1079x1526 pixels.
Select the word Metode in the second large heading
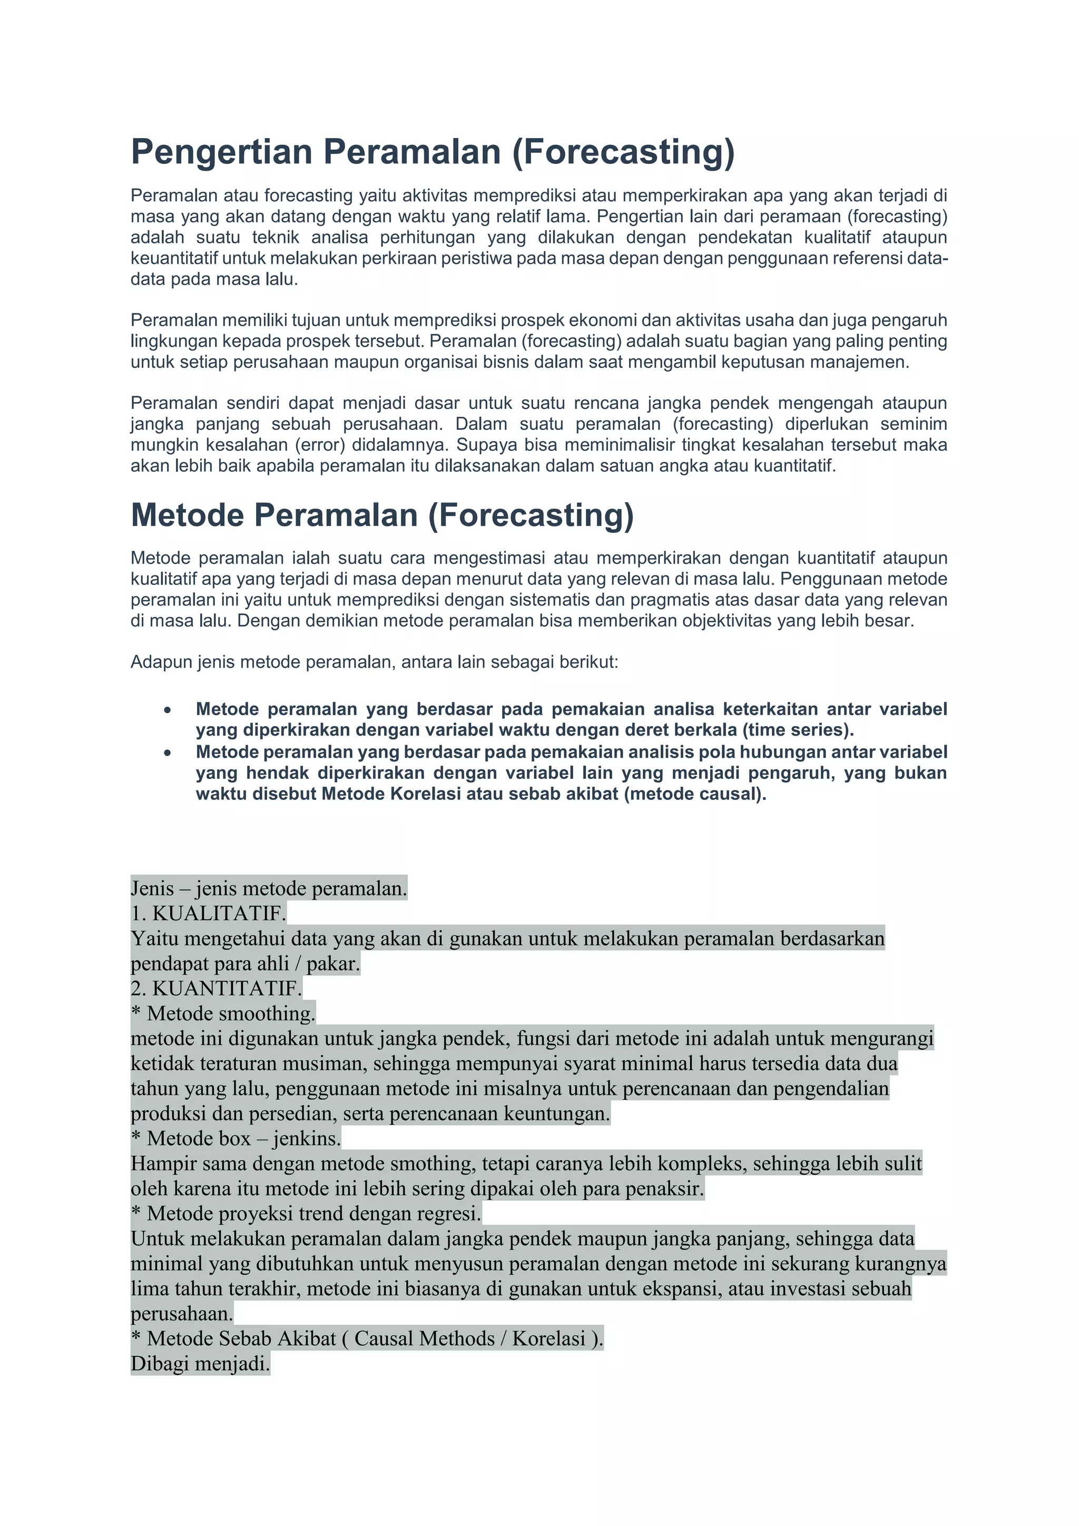(x=188, y=515)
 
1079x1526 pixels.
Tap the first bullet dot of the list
(x=168, y=710)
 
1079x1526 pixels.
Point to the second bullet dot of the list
(x=168, y=753)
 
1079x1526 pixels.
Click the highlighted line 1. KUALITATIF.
(x=208, y=913)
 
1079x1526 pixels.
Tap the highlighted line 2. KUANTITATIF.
(x=216, y=989)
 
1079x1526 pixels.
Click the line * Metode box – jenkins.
(x=236, y=1139)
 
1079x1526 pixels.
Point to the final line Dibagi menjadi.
(x=200, y=1364)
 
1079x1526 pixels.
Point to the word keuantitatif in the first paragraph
(x=173, y=258)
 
